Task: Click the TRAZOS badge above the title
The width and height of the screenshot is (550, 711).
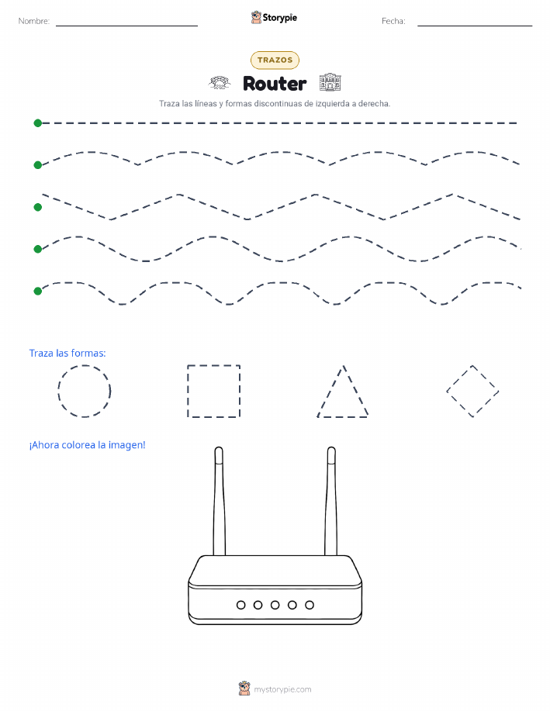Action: (275, 60)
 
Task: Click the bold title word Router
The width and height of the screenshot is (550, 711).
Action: (275, 84)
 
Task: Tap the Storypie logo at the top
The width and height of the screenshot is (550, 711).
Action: (274, 18)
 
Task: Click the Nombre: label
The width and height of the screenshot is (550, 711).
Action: (34, 21)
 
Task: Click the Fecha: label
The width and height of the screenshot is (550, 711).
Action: (393, 21)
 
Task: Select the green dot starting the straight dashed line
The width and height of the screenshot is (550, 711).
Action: (38, 123)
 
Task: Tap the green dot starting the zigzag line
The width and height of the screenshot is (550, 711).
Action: (38, 207)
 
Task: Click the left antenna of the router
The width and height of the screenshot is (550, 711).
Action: (220, 501)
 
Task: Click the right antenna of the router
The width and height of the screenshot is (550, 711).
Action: (330, 501)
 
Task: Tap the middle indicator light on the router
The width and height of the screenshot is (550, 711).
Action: (275, 605)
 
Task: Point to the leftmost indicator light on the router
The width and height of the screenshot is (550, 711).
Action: (241, 605)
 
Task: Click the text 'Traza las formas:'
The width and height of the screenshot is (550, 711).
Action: (67, 354)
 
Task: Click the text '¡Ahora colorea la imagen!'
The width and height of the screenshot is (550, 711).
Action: (87, 445)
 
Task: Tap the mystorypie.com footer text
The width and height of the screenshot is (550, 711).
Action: (282, 689)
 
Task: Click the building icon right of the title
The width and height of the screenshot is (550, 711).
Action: (330, 82)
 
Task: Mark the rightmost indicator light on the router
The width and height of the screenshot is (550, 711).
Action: (310, 605)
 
